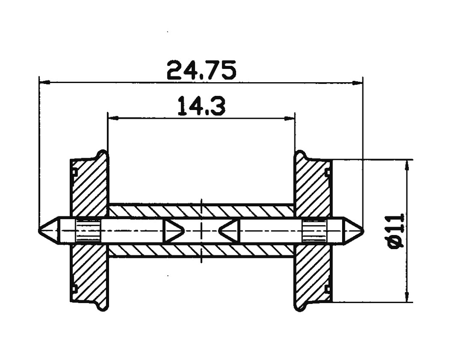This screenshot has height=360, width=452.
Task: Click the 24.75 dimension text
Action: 201,70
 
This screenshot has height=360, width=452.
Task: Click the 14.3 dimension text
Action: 201,106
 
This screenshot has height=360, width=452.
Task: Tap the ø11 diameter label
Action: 396,231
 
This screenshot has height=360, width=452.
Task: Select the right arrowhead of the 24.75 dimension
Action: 358,82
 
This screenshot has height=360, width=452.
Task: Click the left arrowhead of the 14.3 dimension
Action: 113,118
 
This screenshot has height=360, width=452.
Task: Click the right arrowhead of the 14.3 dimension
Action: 290,118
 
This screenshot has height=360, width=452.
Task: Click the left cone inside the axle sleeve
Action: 173,231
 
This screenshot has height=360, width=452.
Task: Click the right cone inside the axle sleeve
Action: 229,231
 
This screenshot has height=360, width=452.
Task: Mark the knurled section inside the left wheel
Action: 88,231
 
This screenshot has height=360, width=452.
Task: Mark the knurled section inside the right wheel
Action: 314,231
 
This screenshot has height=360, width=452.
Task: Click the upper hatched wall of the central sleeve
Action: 201,211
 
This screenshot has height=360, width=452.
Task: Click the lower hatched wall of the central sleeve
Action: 201,250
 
